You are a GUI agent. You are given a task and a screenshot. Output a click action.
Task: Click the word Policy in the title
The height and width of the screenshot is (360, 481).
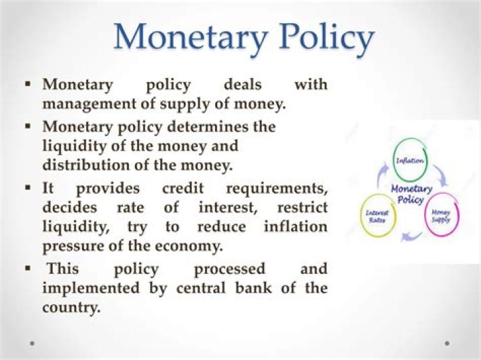click(327, 39)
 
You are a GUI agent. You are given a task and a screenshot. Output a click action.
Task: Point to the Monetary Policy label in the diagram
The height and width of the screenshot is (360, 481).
click(411, 194)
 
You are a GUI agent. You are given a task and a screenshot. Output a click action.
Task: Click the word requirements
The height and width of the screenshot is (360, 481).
click(277, 189)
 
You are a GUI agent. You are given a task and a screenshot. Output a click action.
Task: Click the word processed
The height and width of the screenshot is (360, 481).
click(229, 270)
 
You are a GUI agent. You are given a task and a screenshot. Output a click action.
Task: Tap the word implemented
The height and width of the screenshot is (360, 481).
click(90, 289)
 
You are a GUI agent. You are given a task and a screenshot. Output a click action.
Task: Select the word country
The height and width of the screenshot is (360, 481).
click(71, 307)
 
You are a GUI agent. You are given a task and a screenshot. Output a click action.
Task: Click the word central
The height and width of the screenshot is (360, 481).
click(201, 289)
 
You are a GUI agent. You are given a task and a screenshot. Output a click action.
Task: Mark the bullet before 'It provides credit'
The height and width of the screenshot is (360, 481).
click(28, 186)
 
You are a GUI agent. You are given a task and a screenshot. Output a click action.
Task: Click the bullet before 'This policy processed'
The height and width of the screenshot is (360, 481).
click(28, 268)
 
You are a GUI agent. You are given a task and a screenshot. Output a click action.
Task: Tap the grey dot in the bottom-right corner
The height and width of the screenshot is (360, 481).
click(447, 343)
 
